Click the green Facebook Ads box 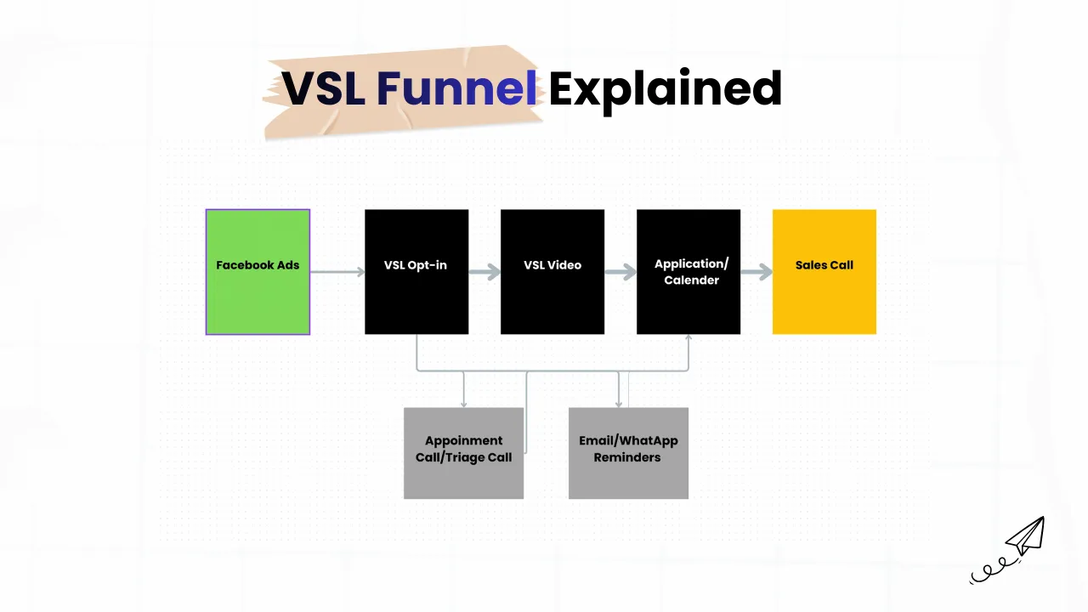258,272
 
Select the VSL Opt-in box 416,272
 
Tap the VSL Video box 552,272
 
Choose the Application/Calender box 688,272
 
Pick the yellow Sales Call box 824,272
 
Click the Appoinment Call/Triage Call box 464,453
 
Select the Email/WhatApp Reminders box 628,453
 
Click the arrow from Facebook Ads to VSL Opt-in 337,272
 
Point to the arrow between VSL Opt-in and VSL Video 484,272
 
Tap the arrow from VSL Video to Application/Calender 620,272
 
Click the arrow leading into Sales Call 756,272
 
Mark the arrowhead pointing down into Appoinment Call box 464,404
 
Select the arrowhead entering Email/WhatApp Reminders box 618,404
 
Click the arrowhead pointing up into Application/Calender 688,337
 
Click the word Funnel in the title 456,88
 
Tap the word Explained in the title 666,91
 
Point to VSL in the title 324,88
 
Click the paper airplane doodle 1007,549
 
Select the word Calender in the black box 692,280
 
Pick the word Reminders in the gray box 627,457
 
